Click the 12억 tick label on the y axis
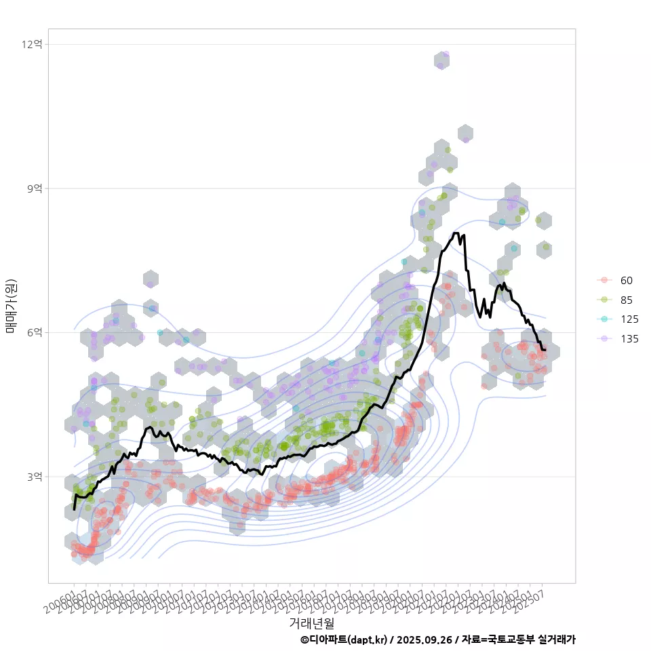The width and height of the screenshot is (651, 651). (x=32, y=44)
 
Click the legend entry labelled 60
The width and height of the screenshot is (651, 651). (x=626, y=281)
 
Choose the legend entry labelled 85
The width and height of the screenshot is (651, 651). (x=626, y=300)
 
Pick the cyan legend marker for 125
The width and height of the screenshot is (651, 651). (x=603, y=319)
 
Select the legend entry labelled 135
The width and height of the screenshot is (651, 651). (x=629, y=339)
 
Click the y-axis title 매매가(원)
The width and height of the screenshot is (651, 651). (x=11, y=306)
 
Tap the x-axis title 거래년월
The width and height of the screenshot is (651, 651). (x=311, y=622)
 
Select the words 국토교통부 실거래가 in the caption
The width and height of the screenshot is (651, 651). (x=536, y=639)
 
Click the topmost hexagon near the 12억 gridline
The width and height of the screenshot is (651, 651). (x=443, y=60)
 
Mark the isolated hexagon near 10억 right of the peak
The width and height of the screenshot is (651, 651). (x=465, y=134)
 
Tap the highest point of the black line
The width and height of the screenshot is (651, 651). (x=456, y=233)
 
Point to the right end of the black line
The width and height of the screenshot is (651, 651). (x=545, y=350)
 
